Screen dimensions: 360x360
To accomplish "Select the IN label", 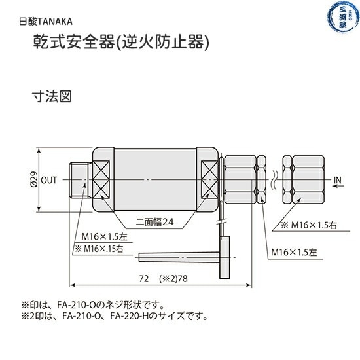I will click(x=338, y=179).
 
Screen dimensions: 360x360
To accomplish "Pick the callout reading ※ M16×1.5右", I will click(x=309, y=225).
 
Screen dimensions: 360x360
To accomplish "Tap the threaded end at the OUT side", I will click(x=79, y=179).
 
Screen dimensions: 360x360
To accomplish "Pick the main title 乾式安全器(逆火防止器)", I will click(x=121, y=43).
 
